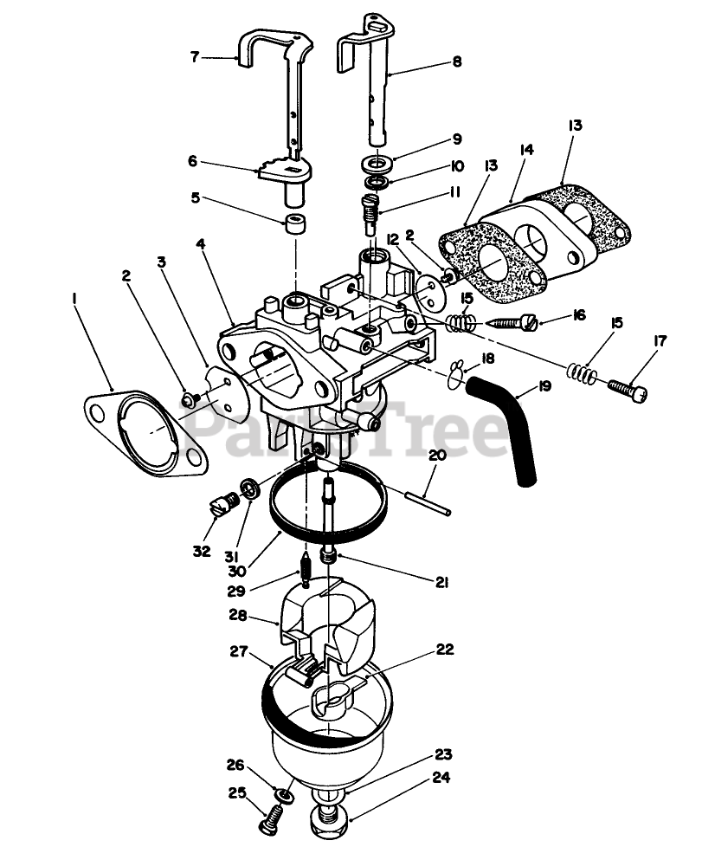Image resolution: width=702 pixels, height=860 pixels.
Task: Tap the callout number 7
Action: point(196,58)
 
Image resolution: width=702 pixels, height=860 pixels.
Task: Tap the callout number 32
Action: point(202,552)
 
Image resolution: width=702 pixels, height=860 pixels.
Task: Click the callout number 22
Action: point(446,649)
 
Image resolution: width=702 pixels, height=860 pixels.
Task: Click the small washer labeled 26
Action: point(282,793)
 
